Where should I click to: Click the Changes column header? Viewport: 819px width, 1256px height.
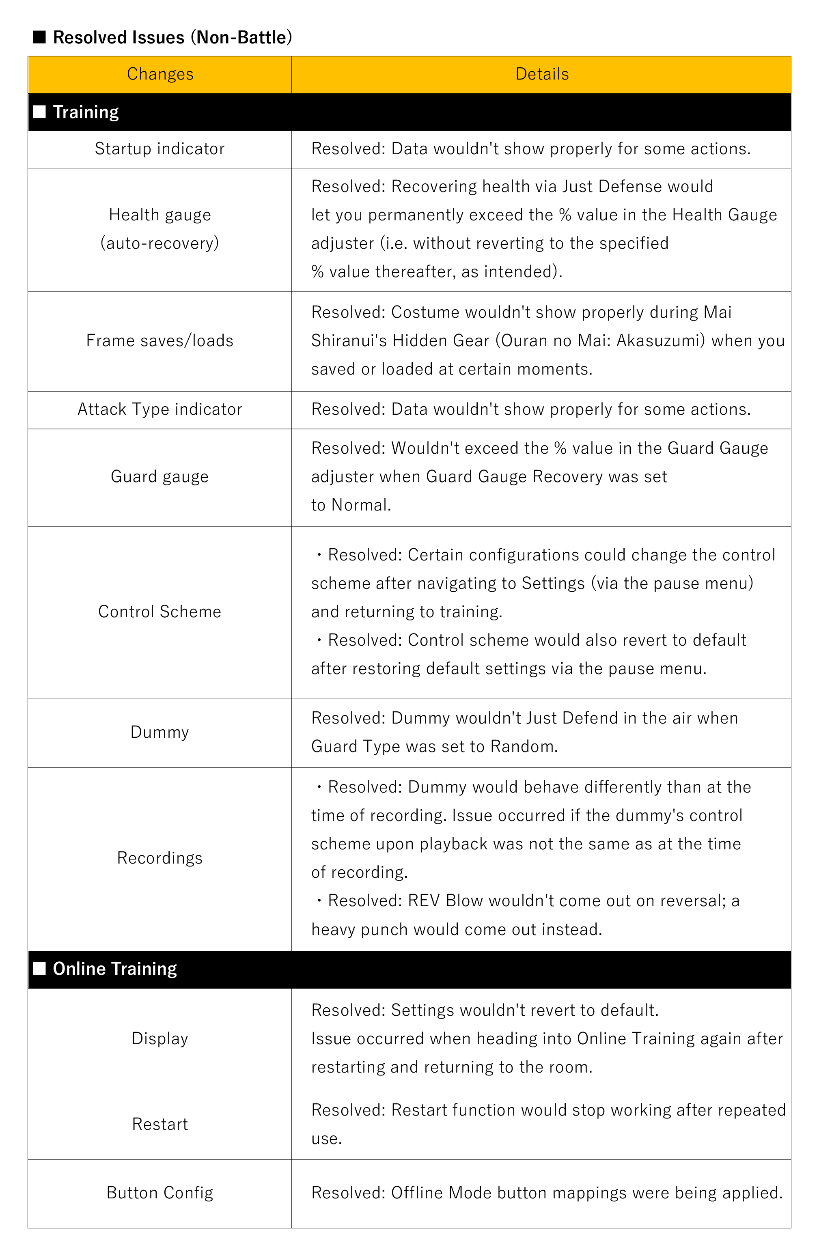point(160,74)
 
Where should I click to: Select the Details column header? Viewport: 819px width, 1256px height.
point(541,74)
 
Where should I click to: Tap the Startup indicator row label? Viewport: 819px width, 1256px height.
point(159,149)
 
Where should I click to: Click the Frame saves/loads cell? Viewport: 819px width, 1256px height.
point(159,341)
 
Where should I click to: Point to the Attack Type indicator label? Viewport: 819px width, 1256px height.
point(159,409)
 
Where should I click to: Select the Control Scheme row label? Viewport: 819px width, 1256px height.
point(159,612)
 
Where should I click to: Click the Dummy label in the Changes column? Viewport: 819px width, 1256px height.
point(159,732)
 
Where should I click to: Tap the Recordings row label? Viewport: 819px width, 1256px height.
point(159,858)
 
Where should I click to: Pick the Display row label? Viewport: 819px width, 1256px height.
point(159,1038)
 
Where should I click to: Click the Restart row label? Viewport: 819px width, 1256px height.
point(159,1124)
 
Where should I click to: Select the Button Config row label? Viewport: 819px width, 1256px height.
point(159,1193)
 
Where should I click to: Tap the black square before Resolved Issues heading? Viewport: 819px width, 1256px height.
point(40,37)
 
